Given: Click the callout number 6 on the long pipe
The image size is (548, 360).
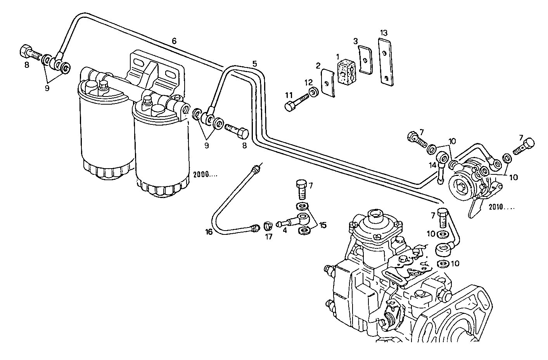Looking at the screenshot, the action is coord(174,40).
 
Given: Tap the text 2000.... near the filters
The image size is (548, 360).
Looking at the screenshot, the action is coord(205,174).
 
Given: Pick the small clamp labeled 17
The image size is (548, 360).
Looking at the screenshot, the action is coord(268,225).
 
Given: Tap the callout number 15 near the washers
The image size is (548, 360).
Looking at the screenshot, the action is coord(322,224).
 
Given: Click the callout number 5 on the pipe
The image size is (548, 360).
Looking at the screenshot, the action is coord(254,64).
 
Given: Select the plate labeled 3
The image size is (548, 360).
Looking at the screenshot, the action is coord(365,60).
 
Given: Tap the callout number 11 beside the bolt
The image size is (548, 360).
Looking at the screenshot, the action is coord(289,94).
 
